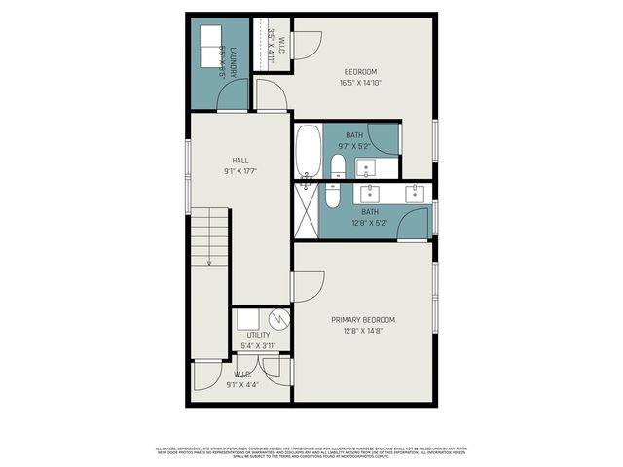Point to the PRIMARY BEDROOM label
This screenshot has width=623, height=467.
pyautogui.click(x=362, y=319)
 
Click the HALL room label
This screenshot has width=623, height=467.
pyautogui.click(x=239, y=161)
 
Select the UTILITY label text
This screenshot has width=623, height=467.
pyautogui.click(x=258, y=335)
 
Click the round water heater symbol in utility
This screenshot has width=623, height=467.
pyautogui.click(x=278, y=318)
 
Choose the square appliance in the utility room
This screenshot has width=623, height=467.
pyautogui.click(x=247, y=318)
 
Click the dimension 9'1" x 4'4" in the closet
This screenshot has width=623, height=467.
pyautogui.click(x=242, y=385)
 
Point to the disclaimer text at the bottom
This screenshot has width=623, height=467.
pyautogui.click(x=311, y=451)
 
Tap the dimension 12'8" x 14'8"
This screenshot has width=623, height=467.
pyautogui.click(x=362, y=331)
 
